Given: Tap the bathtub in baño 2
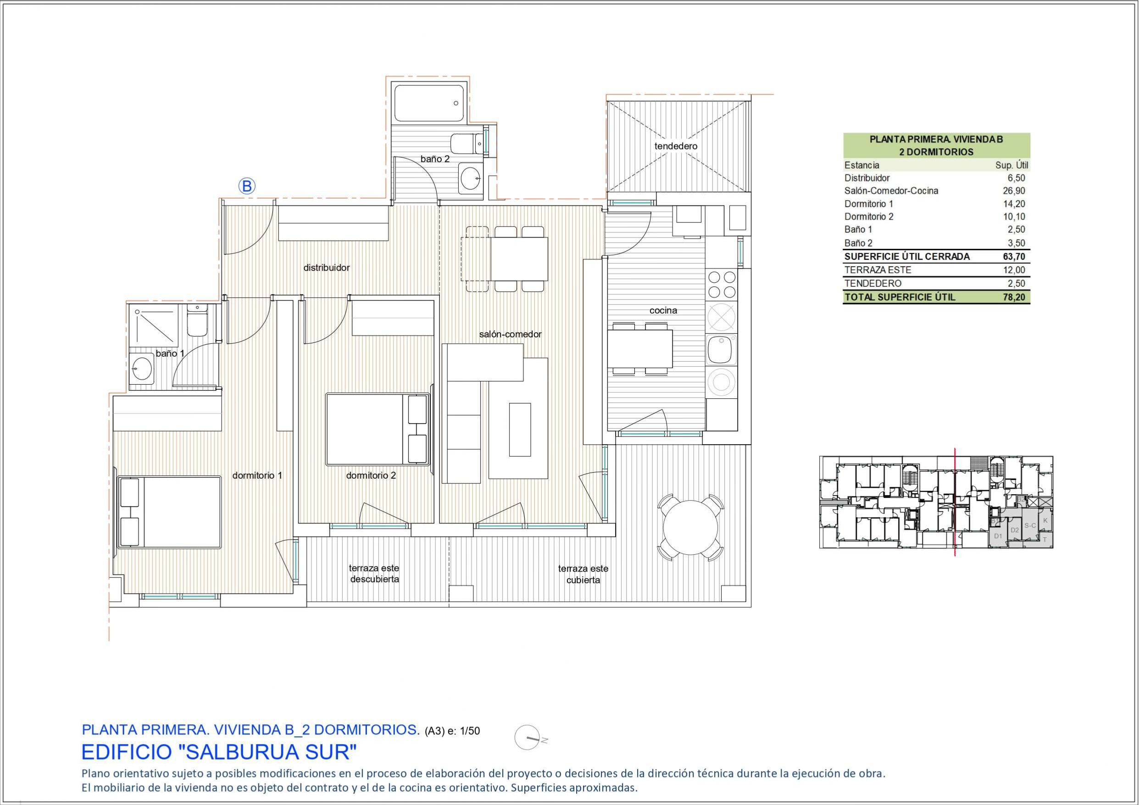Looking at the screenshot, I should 428,103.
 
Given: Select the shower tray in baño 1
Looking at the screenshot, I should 153,325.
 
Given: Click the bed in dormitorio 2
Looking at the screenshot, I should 377,429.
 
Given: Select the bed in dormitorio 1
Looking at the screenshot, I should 170,512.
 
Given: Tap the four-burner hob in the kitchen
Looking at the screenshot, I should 721,285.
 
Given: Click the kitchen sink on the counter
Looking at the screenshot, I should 721,349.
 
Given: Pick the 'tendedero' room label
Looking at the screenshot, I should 676,146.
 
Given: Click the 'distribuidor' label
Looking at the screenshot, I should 327,268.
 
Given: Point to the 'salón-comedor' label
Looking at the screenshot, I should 510,335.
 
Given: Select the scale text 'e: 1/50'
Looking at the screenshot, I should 463,731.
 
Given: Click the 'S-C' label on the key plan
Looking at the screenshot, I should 1030,525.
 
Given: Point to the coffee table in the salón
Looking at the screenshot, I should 519,430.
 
